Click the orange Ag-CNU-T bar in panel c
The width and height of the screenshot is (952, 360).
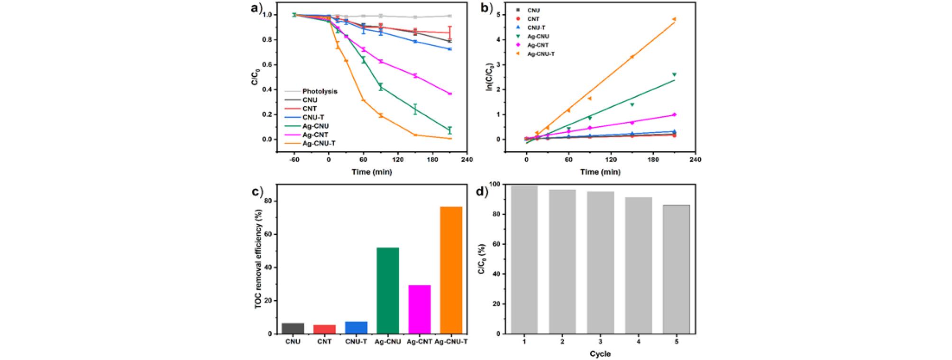tap(451, 270)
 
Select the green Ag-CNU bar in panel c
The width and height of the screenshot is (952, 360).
tap(387, 290)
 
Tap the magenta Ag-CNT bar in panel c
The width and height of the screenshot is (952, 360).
tap(419, 309)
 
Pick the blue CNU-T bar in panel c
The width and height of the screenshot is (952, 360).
tap(356, 328)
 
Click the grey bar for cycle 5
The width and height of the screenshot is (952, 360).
tap(676, 269)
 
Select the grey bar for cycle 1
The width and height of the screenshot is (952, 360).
tap(524, 260)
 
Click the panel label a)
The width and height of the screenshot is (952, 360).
tap(256, 8)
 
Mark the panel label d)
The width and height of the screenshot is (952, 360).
tap(482, 192)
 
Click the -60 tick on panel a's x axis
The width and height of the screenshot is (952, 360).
tap(294, 160)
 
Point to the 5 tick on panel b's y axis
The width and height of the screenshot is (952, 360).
tap(498, 15)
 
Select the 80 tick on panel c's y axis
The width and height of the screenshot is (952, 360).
tap(269, 201)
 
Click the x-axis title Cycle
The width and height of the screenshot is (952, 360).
tap(600, 354)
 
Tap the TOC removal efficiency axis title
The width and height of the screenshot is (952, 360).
tap(258, 259)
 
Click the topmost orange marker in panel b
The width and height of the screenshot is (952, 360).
tap(674, 19)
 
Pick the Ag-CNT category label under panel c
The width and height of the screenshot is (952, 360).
tap(419, 342)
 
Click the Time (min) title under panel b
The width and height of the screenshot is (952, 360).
tap(600, 172)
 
